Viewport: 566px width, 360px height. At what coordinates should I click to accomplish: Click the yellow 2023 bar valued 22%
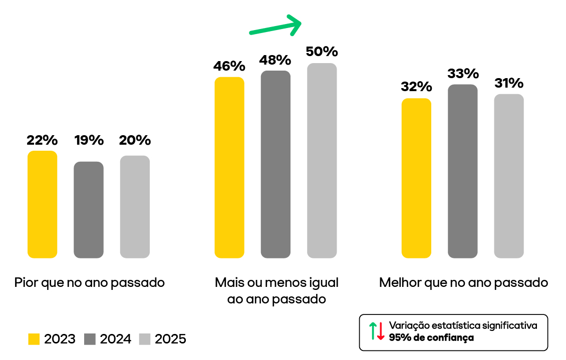(42, 204)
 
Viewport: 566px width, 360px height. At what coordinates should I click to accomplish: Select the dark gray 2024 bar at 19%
(89, 210)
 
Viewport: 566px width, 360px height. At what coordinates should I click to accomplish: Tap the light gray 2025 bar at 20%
(135, 207)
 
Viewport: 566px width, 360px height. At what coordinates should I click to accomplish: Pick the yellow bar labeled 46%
(229, 167)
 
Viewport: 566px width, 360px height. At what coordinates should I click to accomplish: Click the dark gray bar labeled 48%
(275, 164)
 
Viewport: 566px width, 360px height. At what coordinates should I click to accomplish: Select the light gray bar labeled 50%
(322, 161)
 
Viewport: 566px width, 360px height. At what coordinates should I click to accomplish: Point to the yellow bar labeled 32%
(416, 178)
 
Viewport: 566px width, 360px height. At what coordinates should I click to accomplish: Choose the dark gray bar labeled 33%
(463, 171)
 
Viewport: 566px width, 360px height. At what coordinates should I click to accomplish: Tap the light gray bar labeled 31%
(509, 176)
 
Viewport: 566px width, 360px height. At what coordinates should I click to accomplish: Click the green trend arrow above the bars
(276, 26)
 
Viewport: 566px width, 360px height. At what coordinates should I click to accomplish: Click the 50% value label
(322, 52)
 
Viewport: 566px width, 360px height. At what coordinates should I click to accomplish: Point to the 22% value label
(42, 140)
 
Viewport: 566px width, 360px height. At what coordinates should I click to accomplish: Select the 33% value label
(463, 74)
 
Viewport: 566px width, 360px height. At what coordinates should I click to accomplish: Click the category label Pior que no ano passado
(90, 282)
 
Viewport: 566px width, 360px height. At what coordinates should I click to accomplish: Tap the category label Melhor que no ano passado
(463, 282)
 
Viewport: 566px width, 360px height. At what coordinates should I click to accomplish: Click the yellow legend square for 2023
(34, 339)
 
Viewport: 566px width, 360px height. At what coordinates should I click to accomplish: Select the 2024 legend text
(115, 339)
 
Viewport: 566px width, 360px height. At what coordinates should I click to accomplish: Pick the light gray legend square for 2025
(144, 339)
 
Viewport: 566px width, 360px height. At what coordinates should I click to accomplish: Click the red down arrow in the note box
(381, 331)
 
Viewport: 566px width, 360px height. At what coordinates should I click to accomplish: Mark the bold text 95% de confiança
(431, 337)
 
